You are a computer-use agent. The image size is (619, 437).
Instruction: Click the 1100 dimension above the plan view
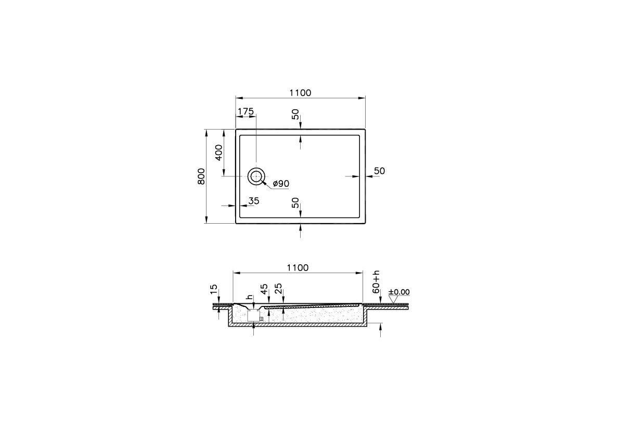click(x=300, y=93)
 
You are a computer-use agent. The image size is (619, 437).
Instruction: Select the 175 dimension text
click(x=246, y=111)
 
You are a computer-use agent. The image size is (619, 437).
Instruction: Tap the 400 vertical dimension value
click(x=218, y=152)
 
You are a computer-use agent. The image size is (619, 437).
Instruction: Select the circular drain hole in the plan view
click(x=256, y=177)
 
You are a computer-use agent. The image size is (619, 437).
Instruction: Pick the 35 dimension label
click(x=253, y=201)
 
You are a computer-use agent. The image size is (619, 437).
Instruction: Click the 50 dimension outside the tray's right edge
click(x=379, y=171)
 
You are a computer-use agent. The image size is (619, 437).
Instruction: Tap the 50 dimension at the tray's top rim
click(x=295, y=114)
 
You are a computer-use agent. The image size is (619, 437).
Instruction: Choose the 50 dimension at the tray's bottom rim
click(x=295, y=203)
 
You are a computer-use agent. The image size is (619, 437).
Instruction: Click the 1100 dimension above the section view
click(x=298, y=267)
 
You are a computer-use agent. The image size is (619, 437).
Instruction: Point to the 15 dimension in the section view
click(x=213, y=289)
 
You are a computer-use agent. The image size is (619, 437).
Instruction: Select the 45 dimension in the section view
click(x=264, y=289)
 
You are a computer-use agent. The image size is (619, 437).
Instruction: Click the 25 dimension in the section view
click(x=278, y=289)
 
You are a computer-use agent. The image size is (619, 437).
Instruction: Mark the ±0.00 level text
click(x=398, y=292)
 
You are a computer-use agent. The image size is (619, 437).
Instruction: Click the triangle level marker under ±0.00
click(x=393, y=299)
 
